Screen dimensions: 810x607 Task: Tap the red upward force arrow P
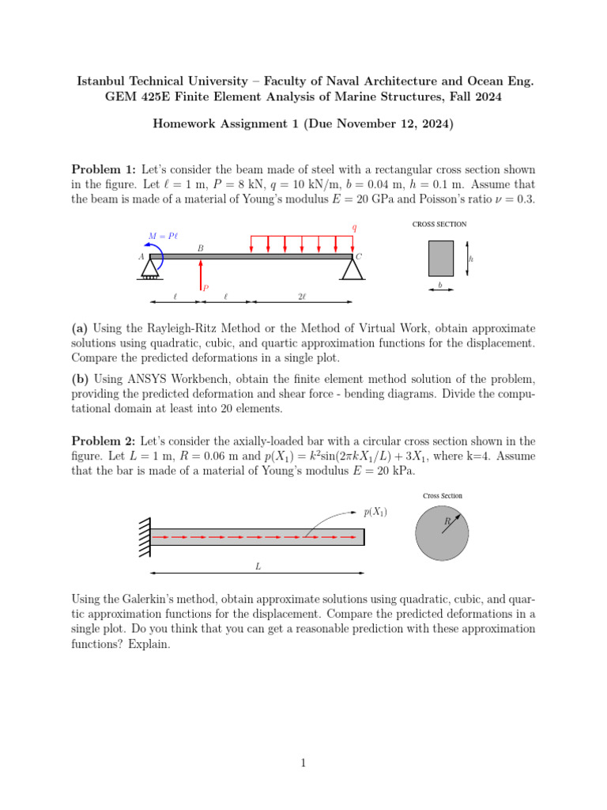[201, 275]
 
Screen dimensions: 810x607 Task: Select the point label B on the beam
[201, 248]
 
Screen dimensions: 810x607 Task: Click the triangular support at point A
[150, 269]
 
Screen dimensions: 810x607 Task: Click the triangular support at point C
[353, 269]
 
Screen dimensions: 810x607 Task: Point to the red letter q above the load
[354, 228]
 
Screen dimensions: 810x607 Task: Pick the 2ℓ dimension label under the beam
[302, 297]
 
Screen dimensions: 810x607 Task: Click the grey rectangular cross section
[441, 258]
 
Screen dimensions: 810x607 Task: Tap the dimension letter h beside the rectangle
[471, 259]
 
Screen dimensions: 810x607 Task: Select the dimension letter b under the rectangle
[440, 285]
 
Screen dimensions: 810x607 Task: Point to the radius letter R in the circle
[447, 521]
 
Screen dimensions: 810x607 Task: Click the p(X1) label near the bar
[375, 513]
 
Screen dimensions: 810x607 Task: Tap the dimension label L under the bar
[257, 566]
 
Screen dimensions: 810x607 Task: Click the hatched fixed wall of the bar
[143, 537]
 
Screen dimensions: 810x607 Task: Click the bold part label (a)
[80, 327]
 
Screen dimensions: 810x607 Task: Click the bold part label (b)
[80, 379]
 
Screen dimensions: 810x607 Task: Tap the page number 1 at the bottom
[303, 763]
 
